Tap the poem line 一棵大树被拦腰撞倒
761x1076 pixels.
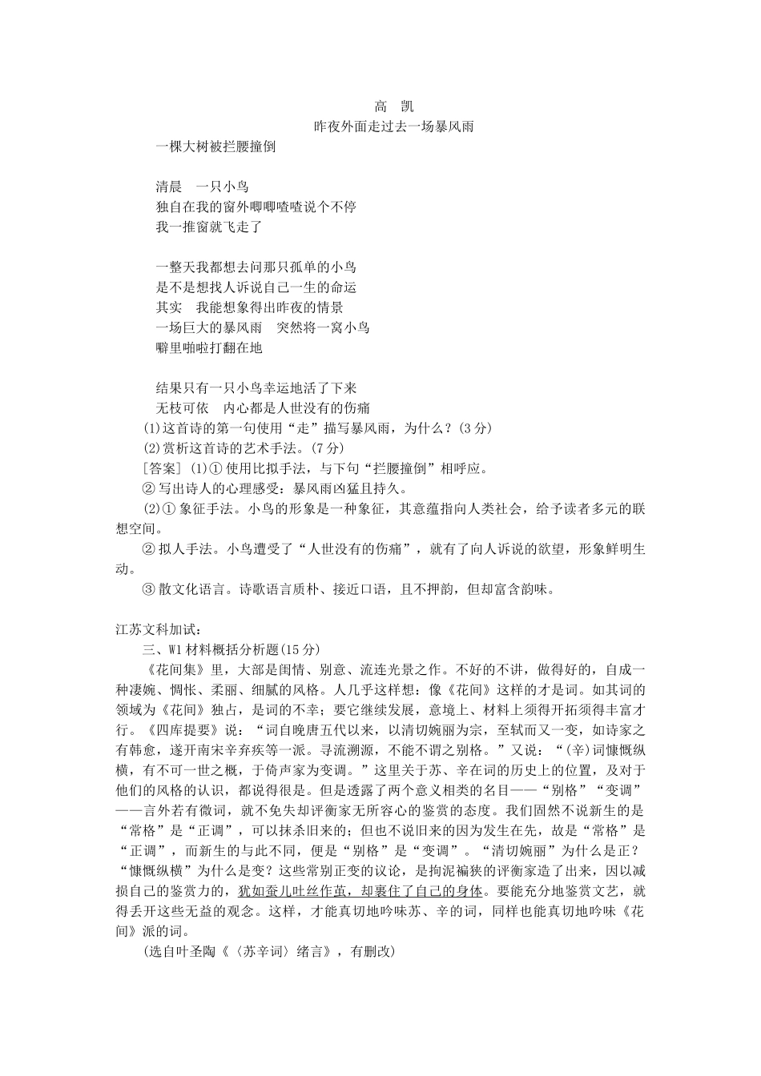click(215, 147)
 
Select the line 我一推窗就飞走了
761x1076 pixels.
click(208, 227)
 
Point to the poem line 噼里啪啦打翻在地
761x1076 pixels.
click(208, 347)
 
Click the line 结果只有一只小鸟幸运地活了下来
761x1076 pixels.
click(256, 387)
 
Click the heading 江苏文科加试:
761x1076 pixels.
click(151, 629)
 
